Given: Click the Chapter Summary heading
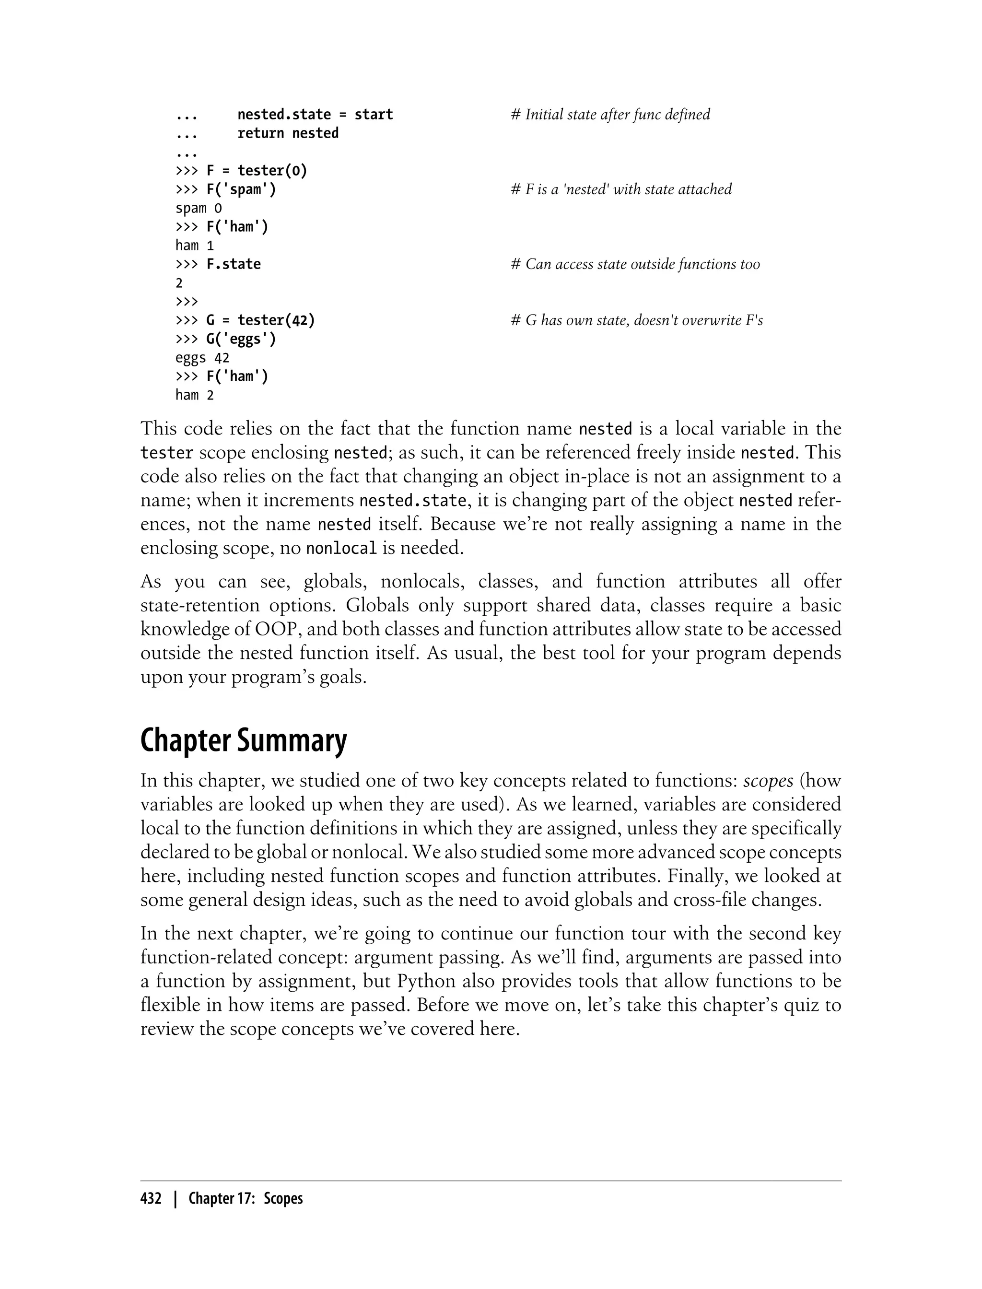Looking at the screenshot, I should tap(243, 741).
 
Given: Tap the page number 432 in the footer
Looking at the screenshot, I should tap(151, 1199).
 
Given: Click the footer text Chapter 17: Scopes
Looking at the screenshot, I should tap(245, 1199).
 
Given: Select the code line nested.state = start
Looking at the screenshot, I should tap(315, 115).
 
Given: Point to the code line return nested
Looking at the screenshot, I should tap(288, 133).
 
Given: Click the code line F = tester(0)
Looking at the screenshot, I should tap(256, 171).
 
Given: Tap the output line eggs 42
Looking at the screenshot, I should tap(202, 358).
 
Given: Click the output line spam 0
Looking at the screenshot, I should tap(199, 208).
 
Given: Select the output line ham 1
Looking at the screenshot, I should tap(195, 246).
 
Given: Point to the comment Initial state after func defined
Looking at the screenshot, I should tap(610, 115).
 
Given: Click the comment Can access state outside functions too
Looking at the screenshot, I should tap(635, 264).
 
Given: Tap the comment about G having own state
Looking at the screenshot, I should tap(637, 320).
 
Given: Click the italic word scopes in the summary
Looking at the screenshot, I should tap(768, 781).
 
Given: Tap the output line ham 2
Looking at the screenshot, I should tap(195, 395).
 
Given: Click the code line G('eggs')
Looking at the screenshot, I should tap(241, 339).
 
